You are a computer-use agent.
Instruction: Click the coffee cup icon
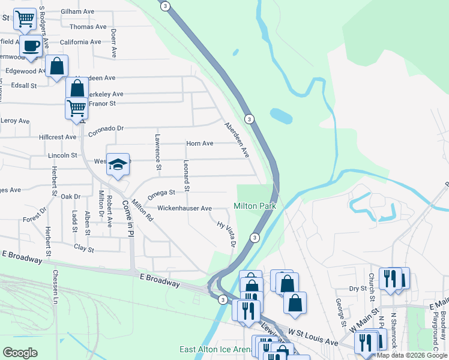[31, 45]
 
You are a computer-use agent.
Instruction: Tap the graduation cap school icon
[119, 163]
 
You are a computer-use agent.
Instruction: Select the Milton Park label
[254, 206]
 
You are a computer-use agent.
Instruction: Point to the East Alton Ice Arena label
[215, 349]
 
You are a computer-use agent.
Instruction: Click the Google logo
[20, 353]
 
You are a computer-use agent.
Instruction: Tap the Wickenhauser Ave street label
[184, 208]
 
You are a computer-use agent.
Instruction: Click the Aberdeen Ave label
[237, 140]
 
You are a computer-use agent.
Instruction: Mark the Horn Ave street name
[200, 143]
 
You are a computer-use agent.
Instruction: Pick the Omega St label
[161, 193]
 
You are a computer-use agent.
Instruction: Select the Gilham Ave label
[78, 11]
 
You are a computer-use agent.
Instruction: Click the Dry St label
[358, 289]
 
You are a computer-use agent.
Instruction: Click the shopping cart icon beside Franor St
[76, 109]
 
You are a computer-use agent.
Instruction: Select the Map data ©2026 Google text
[412, 355]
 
